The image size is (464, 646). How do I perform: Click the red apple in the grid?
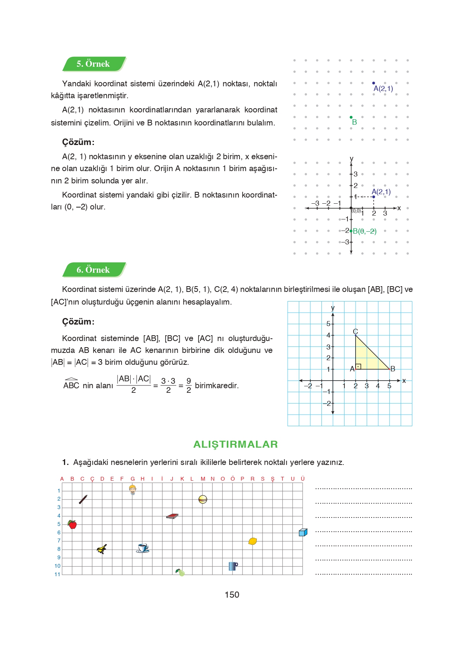[x=72, y=524]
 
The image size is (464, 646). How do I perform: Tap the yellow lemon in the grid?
[x=252, y=541]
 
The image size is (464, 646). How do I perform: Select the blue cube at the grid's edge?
[x=303, y=532]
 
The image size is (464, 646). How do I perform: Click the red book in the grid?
[x=172, y=516]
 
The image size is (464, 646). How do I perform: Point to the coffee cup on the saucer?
[x=143, y=548]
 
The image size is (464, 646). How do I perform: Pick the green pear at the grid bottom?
[x=180, y=572]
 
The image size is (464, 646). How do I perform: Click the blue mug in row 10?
[x=233, y=566]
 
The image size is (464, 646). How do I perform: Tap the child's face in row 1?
[x=133, y=489]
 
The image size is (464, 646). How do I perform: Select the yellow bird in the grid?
[x=102, y=549]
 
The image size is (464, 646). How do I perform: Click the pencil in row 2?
[x=83, y=499]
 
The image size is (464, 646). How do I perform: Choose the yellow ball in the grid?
[x=203, y=499]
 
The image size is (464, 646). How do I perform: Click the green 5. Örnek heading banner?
[x=93, y=64]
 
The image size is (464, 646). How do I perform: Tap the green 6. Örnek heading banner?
[x=93, y=270]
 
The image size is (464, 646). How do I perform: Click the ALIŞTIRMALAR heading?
[x=235, y=444]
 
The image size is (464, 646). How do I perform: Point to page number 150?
[x=232, y=595]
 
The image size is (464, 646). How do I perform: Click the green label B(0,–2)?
[x=364, y=231]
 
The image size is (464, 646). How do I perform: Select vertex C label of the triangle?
[x=355, y=331]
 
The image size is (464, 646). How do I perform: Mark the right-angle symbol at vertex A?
[x=358, y=366]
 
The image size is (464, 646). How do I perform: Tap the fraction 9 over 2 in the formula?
[x=189, y=386]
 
